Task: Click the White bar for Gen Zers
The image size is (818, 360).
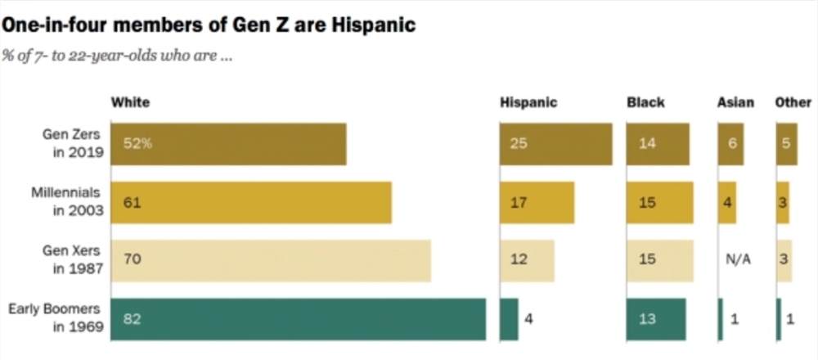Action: pyautogui.click(x=228, y=144)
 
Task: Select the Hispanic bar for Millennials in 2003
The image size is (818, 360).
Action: pyautogui.click(x=537, y=202)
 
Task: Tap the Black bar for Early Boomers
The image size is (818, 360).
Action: pyautogui.click(x=656, y=319)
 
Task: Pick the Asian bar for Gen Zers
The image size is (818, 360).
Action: pyautogui.click(x=730, y=144)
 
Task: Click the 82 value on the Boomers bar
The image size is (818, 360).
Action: pyautogui.click(x=132, y=319)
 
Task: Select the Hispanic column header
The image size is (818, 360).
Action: pyautogui.click(x=528, y=103)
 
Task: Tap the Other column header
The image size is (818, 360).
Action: pyautogui.click(x=792, y=103)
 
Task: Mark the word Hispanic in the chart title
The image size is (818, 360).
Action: pyautogui.click(x=373, y=25)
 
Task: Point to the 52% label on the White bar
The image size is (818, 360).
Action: pyautogui.click(x=137, y=144)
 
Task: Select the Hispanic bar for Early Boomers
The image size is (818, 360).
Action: pyautogui.click(x=509, y=319)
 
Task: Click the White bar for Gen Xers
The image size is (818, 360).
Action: pyautogui.click(x=271, y=260)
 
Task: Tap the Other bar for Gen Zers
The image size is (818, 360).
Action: pyautogui.click(x=786, y=144)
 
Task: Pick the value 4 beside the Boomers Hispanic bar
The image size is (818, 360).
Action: pyautogui.click(x=528, y=319)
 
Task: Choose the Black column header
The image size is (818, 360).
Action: pyautogui.click(x=645, y=103)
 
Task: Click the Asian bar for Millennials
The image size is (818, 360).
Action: pyautogui.click(x=726, y=202)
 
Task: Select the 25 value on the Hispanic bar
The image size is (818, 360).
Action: pyautogui.click(x=518, y=144)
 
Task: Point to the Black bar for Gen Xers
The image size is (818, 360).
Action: pyautogui.click(x=659, y=260)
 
